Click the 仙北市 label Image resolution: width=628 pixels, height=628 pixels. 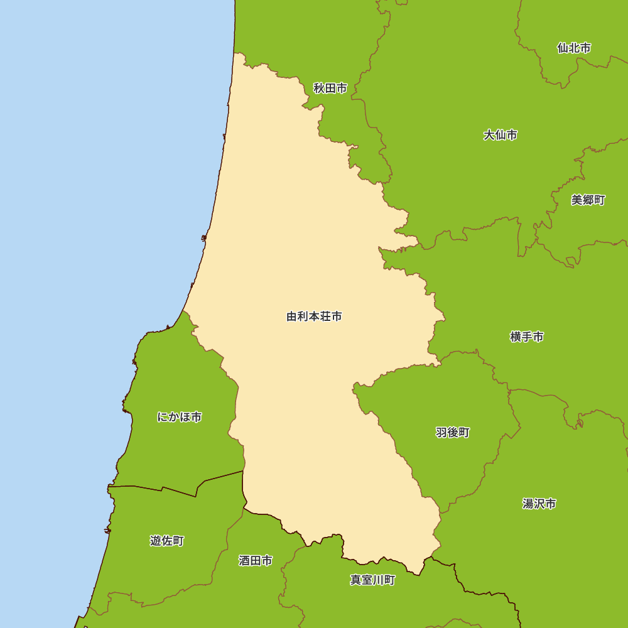[x=573, y=48]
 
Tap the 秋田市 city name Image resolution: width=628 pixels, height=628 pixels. [x=330, y=89]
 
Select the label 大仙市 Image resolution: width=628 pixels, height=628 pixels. [x=501, y=135]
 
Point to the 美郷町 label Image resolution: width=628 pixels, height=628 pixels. [x=588, y=200]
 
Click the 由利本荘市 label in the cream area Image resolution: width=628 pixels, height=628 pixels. [x=314, y=317]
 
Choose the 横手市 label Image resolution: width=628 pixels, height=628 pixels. [x=527, y=337]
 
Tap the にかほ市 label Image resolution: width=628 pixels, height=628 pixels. [x=179, y=417]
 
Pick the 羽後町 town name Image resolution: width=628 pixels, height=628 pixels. [x=452, y=433]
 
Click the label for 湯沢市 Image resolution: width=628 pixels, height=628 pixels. [x=539, y=504]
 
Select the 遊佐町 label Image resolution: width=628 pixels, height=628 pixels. [x=167, y=541]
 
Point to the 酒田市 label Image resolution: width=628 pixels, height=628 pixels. [x=256, y=561]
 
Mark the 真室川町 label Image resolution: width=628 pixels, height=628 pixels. [x=372, y=580]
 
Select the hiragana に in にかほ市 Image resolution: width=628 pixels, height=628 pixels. [x=162, y=417]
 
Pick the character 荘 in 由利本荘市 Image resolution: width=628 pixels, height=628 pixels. [x=325, y=317]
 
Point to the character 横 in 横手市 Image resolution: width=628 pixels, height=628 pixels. [x=516, y=337]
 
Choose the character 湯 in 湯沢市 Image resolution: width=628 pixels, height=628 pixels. [x=528, y=504]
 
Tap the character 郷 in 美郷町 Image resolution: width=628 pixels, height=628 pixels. [x=588, y=200]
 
